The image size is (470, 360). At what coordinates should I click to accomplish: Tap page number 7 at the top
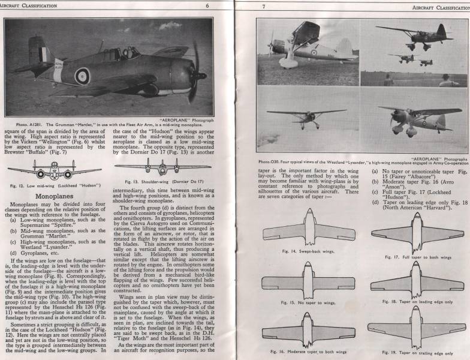[x=264, y=6]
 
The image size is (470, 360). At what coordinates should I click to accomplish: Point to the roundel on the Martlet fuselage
[x=82, y=75]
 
